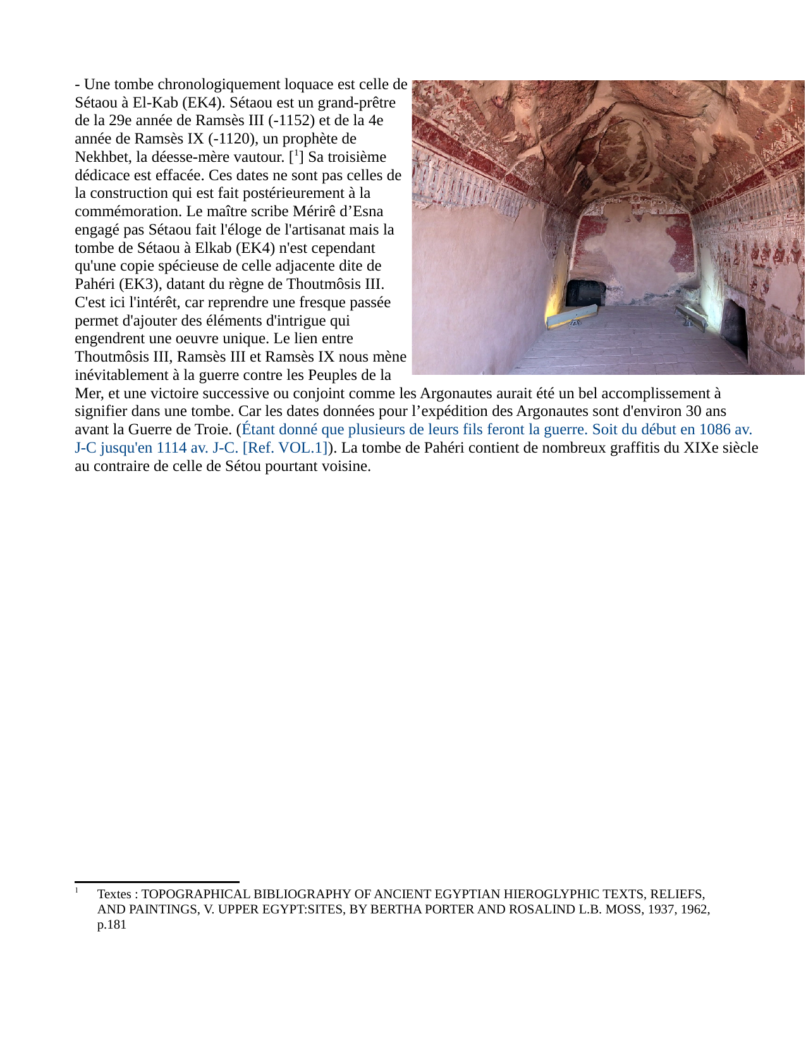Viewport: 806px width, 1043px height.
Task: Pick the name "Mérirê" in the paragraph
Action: (x=314, y=211)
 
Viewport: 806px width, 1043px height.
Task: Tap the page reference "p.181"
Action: (x=112, y=924)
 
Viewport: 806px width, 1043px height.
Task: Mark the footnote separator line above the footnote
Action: (x=157, y=882)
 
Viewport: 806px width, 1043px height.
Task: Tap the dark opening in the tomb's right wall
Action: (x=735, y=326)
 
